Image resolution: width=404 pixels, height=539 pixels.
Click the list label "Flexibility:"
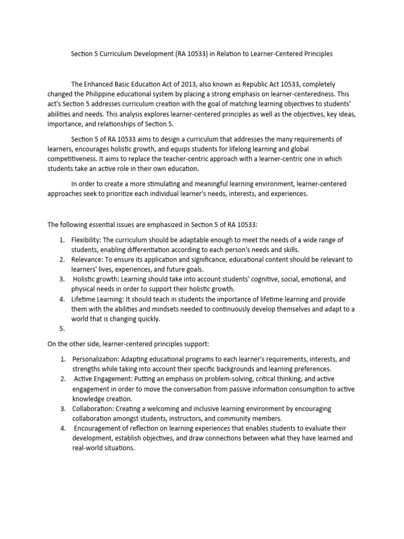[x=87, y=240]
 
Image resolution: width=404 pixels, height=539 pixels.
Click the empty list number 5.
[x=62, y=328]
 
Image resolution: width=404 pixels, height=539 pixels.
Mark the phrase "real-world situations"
[x=105, y=448]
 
